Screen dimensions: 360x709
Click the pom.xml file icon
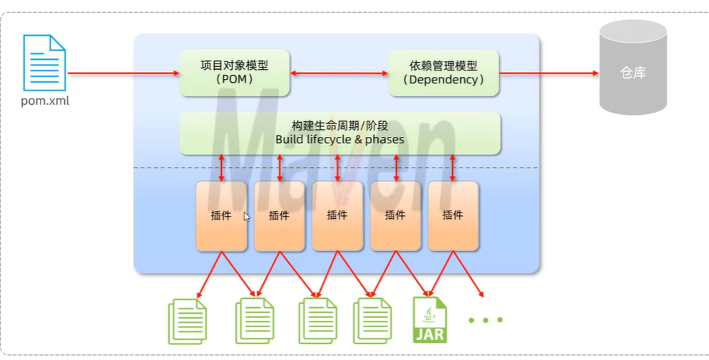tap(44, 62)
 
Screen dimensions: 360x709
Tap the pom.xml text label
tap(44, 101)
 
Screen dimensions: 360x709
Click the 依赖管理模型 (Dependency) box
tap(444, 73)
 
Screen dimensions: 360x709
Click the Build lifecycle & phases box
tap(340, 133)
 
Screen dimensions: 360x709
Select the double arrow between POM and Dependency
tap(340, 73)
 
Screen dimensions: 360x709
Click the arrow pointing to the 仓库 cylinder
tap(549, 73)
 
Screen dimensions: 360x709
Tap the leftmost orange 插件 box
tap(221, 215)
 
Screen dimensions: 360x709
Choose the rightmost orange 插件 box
tap(453, 215)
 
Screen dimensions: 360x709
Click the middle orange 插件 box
tap(337, 215)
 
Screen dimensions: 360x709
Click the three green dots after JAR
tap(485, 320)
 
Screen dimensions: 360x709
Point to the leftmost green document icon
tap(187, 321)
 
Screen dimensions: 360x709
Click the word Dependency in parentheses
tap(444, 80)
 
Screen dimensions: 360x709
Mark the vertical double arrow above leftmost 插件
tap(221, 168)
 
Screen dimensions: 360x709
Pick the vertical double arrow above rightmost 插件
tap(453, 168)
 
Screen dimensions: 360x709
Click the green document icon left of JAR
tap(372, 321)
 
